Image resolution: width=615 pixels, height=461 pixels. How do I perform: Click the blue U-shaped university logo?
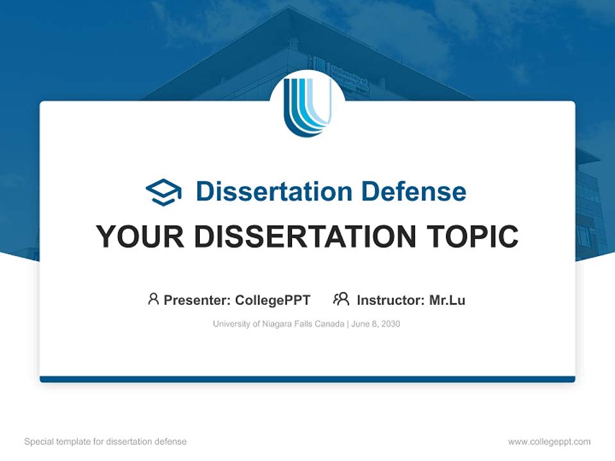[x=307, y=106]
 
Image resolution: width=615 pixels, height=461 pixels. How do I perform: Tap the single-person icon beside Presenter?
[x=153, y=299]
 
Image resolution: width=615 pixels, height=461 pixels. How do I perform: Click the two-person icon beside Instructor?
[x=341, y=299]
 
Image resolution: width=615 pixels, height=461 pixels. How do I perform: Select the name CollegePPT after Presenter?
[x=273, y=300]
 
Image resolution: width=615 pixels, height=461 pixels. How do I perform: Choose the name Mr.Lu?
[x=447, y=300]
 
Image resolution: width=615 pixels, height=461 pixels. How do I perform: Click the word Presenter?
[x=197, y=300]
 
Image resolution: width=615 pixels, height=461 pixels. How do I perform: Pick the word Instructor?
[x=390, y=300]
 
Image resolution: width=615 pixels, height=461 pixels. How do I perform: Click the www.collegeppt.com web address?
[x=549, y=442]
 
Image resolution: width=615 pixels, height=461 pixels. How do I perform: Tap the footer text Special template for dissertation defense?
[x=105, y=442]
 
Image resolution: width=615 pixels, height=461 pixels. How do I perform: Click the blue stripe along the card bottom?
[x=307, y=379]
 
